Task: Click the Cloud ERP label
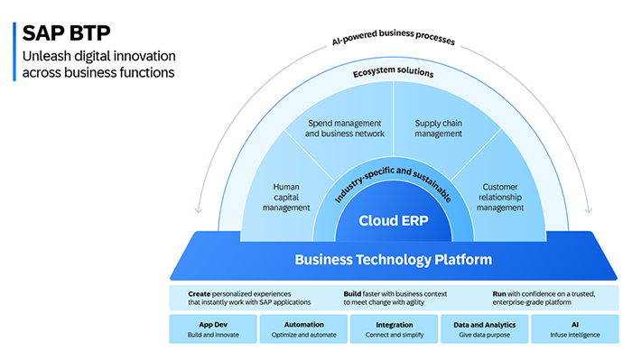394,220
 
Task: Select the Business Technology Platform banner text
394,260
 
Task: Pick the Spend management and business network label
345,128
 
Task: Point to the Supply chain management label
442,128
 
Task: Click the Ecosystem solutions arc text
394,71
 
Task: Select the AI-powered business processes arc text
394,41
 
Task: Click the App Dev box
212,329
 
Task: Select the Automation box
303,329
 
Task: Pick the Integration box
394,329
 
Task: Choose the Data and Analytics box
484,329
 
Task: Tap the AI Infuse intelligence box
574,329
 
